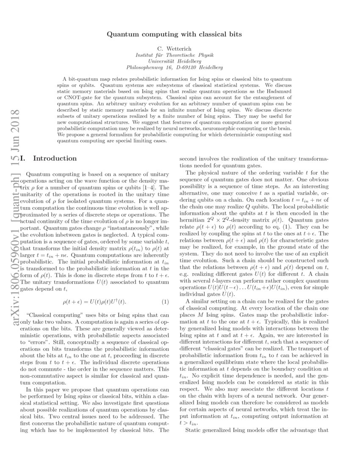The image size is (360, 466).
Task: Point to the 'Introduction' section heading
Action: (x=55, y=158)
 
